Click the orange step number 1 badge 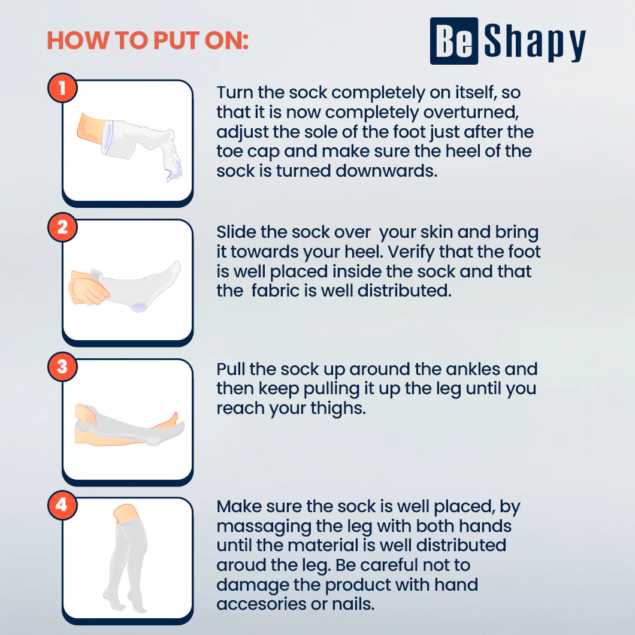click(62, 88)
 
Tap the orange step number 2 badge click(62, 227)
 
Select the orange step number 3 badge click(62, 366)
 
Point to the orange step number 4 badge click(62, 505)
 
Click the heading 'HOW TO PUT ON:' click(147, 41)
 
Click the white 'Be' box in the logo click(454, 41)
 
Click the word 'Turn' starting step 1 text click(235, 93)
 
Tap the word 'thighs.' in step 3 click(335, 408)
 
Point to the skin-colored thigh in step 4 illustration click(126, 513)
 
